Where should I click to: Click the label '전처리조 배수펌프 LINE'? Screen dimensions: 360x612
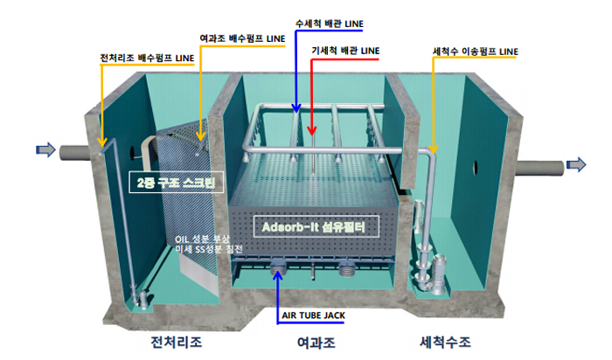point(147,59)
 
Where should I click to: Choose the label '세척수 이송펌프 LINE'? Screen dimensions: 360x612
point(476,52)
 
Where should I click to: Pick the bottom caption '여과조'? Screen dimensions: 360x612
point(310,343)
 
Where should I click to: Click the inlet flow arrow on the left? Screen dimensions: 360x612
point(44,150)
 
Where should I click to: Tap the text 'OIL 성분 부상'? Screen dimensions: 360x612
point(203,239)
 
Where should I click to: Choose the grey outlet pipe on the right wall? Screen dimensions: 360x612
point(538,165)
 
